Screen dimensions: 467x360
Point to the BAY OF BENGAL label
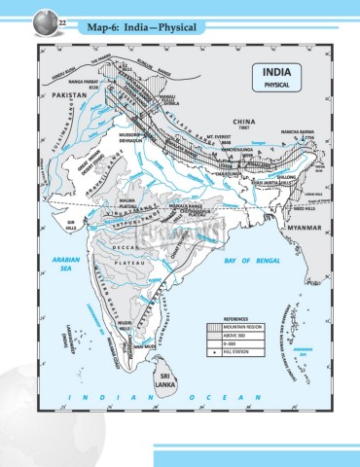(x=250, y=262)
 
